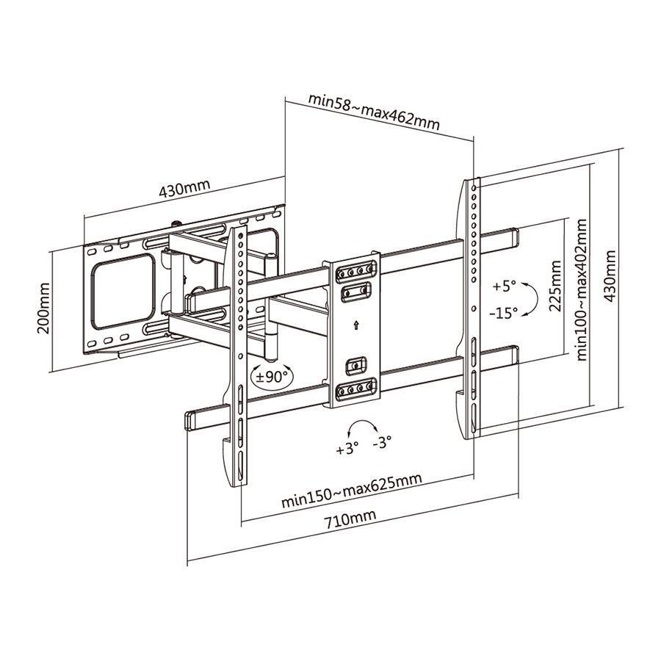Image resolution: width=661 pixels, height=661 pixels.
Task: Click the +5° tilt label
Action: coord(505,285)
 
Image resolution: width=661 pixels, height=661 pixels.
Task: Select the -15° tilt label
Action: coord(503,312)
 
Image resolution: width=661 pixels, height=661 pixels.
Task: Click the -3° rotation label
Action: coord(382,442)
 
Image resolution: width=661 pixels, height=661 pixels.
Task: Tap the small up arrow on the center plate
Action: coord(356,324)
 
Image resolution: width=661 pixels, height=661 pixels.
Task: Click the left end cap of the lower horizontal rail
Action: coord(190,421)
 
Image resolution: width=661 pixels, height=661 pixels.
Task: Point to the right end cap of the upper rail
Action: coord(512,237)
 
